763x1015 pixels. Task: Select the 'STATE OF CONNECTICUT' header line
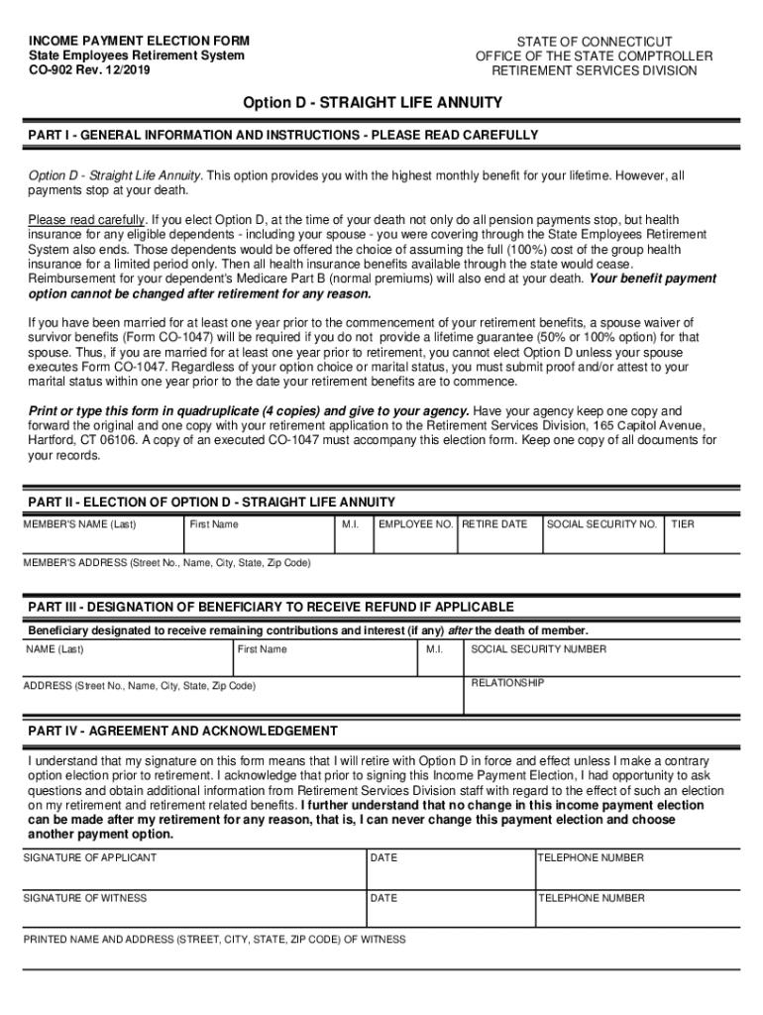pos(594,41)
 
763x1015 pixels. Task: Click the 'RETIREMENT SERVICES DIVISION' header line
pos(594,70)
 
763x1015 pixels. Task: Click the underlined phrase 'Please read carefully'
pos(87,219)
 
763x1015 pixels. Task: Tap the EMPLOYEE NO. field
pos(415,534)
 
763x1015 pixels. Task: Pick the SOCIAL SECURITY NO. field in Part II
pos(601,534)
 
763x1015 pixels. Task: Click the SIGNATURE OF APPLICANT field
pos(193,867)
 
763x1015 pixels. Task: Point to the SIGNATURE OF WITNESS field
pos(193,908)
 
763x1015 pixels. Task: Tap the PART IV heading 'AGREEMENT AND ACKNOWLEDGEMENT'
pos(183,732)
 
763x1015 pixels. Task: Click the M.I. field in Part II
pos(352,534)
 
